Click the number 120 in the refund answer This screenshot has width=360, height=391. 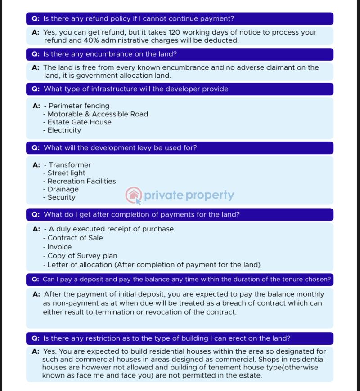175,32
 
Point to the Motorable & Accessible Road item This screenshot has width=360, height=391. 98,114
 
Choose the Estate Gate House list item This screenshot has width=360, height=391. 80,122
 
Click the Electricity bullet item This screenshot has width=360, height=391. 64,130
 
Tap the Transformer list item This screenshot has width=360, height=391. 70,165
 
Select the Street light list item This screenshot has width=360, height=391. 67,173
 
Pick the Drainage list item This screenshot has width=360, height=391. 63,189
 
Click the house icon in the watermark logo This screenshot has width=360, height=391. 133,195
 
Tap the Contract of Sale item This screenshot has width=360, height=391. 75,238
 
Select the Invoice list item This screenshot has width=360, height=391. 60,247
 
